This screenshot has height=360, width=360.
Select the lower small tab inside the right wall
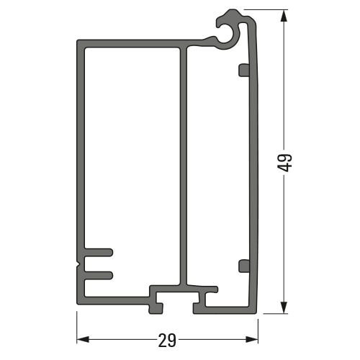pos(243,265)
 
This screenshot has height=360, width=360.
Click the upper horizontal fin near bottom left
pos(99,253)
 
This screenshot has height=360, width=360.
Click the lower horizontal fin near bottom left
pos(99,274)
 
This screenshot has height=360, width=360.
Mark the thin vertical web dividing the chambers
pos(183,166)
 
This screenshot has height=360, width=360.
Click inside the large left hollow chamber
pos(130,158)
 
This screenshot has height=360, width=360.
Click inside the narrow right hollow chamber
pos(216,166)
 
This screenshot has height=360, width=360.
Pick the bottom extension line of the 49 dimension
pos(274,314)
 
